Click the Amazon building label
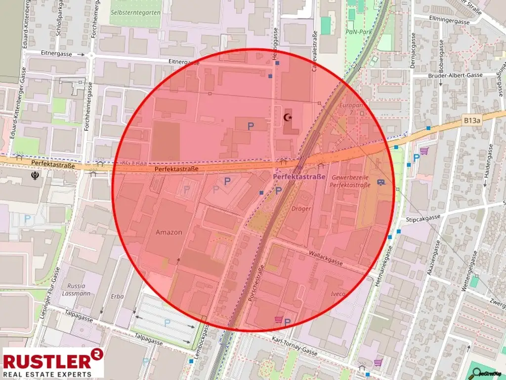(x=169, y=232)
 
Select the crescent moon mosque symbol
(x=288, y=117)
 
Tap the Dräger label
(x=301, y=209)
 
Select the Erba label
(x=117, y=296)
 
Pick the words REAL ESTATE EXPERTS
(x=47, y=374)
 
